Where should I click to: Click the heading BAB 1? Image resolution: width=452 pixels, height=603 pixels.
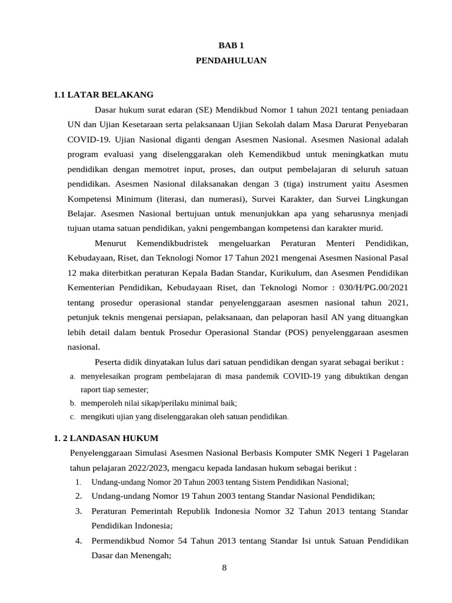pos(231,45)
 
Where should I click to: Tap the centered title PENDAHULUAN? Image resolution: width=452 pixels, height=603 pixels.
pos(231,61)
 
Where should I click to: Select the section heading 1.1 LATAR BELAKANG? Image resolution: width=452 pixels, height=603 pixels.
pos(103,94)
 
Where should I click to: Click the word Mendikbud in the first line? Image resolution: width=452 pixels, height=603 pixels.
pos(235,110)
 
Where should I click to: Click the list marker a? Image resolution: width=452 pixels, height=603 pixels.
pos(72,376)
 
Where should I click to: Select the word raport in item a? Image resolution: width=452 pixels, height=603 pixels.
pos(92,390)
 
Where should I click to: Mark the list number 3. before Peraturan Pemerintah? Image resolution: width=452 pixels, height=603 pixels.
pos(78,511)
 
